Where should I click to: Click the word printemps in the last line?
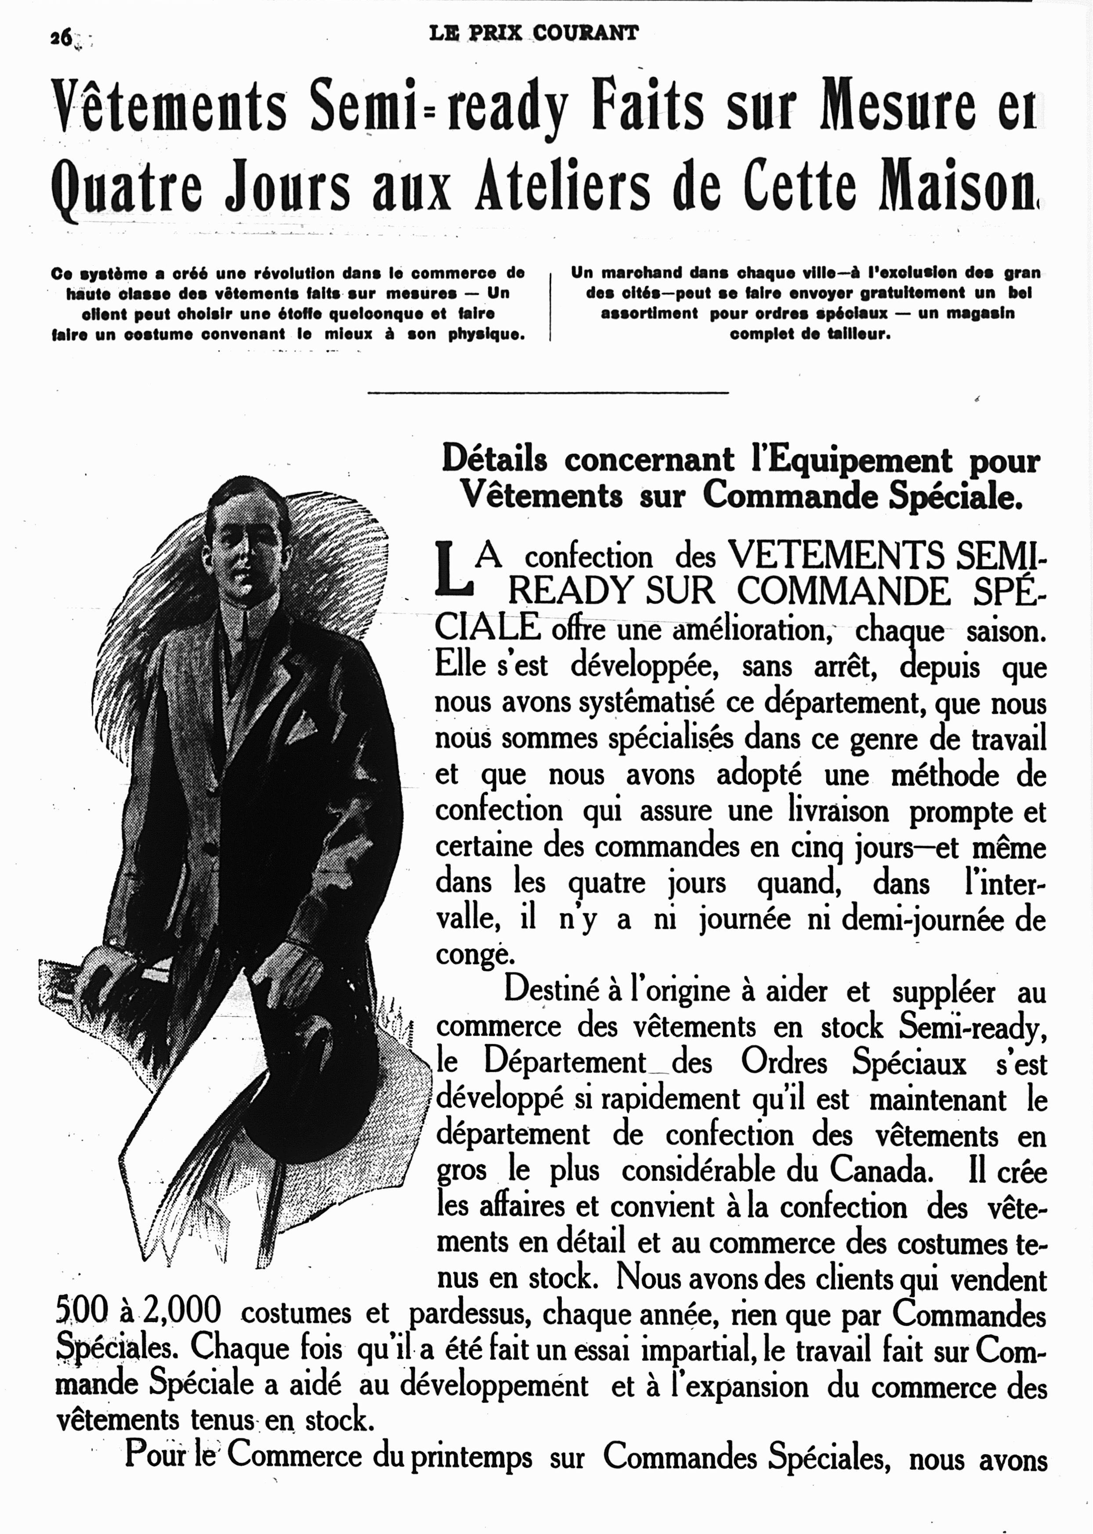pos(471,1457)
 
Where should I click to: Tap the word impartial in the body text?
pos(693,1349)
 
